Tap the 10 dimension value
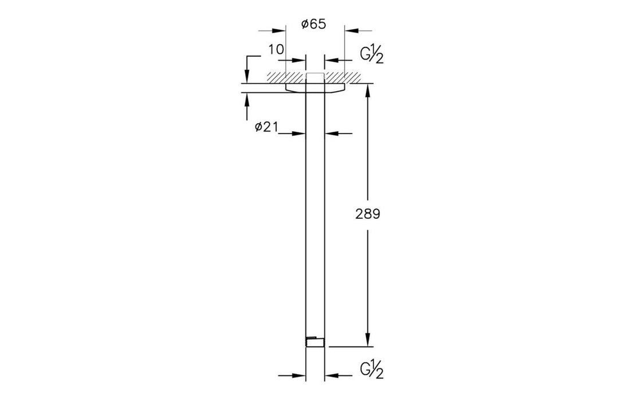point(276,50)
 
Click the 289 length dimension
point(368,214)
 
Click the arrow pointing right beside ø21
point(298,133)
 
